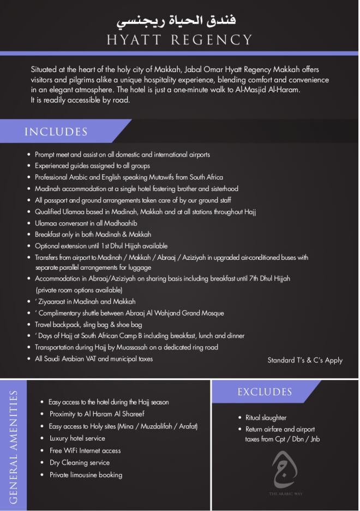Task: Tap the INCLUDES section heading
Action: (x=56, y=132)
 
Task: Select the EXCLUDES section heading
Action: (x=265, y=392)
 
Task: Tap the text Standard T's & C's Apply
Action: (x=305, y=360)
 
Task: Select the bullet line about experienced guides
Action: (x=92, y=166)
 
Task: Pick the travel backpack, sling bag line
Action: (x=88, y=324)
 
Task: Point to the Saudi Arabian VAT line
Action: (x=94, y=359)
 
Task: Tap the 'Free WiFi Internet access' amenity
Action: (x=85, y=450)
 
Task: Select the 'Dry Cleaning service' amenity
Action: (x=79, y=462)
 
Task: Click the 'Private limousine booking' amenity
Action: (x=86, y=475)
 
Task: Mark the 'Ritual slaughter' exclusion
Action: (x=266, y=418)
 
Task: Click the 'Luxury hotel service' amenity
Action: (x=77, y=438)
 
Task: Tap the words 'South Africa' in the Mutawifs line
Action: (x=206, y=177)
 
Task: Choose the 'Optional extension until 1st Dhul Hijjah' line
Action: (x=101, y=246)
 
